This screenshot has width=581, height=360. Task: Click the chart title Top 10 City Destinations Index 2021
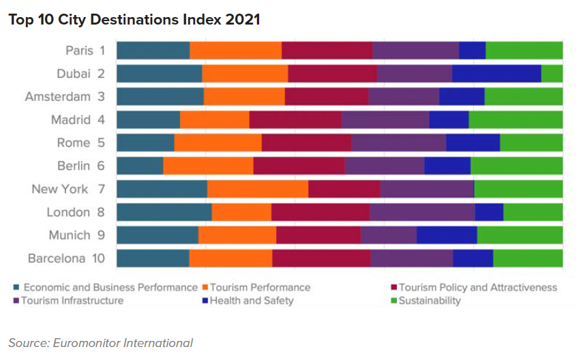(x=134, y=20)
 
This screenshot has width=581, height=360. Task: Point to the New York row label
(x=60, y=189)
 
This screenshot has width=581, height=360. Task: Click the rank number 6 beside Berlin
(x=101, y=166)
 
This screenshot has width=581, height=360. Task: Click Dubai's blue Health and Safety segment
(x=496, y=74)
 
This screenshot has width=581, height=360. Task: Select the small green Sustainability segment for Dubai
(x=552, y=74)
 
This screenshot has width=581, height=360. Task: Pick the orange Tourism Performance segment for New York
(x=257, y=189)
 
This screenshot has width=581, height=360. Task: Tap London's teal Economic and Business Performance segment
(x=164, y=212)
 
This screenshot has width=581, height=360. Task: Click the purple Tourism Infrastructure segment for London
(x=421, y=212)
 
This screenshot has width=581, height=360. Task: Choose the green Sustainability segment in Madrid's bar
(x=516, y=120)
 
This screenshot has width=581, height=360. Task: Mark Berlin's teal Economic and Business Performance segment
(x=140, y=166)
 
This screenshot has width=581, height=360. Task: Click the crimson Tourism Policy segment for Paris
(x=327, y=50)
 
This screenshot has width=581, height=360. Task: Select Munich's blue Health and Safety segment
(x=447, y=235)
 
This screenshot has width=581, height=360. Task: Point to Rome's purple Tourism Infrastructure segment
(x=398, y=142)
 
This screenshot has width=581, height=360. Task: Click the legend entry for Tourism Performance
(x=260, y=288)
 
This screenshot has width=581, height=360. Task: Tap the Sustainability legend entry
(x=429, y=301)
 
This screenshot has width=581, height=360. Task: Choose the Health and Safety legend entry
(x=251, y=301)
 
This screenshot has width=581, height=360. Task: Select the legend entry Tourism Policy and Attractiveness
(x=477, y=288)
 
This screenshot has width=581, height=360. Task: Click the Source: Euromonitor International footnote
(x=100, y=342)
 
